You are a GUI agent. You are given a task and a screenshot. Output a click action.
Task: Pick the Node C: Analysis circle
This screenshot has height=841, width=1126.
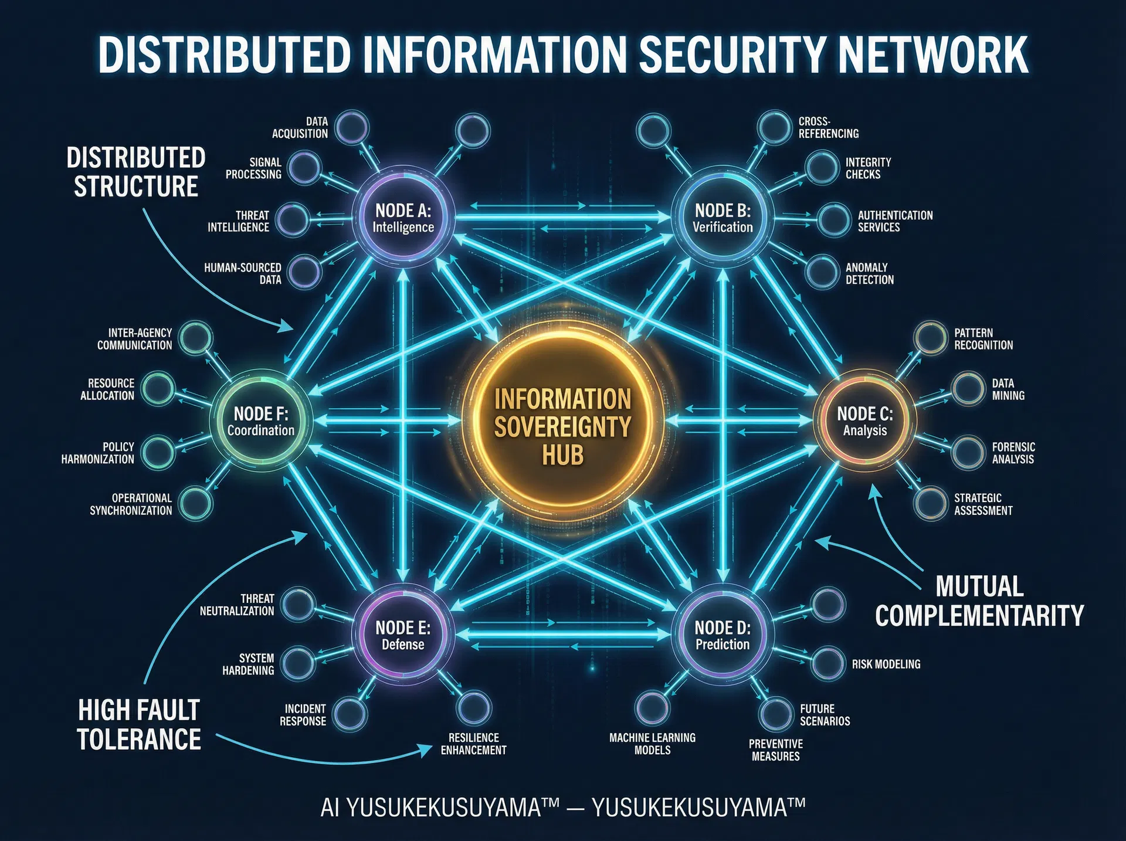[864, 422]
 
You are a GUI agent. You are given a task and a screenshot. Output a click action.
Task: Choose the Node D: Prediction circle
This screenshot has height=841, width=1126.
[723, 636]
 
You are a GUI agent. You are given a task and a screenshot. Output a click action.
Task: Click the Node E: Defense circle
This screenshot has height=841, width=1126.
[403, 636]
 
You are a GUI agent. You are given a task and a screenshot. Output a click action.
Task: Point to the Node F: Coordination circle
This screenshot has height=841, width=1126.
[261, 422]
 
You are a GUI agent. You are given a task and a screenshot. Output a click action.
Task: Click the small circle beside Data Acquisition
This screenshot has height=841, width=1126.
[351, 127]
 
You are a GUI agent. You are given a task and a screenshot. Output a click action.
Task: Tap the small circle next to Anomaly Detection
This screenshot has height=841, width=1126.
[822, 272]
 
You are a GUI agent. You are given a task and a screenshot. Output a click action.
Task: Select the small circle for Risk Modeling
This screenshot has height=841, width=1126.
[827, 663]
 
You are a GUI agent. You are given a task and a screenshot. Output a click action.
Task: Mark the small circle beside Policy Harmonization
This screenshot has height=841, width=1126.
[158, 452]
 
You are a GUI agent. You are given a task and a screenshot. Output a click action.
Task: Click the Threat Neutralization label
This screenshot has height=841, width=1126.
[238, 605]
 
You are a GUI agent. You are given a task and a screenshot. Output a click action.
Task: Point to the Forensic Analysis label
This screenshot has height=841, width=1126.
[1013, 453]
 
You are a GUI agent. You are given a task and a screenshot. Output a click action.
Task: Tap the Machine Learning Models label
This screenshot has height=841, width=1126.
[652, 744]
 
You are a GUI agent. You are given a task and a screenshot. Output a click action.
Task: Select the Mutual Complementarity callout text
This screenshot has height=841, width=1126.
[979, 601]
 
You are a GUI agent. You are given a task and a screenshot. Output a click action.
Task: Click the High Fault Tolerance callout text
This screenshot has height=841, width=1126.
[139, 724]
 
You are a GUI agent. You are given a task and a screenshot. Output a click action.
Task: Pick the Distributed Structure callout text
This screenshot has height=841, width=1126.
[135, 172]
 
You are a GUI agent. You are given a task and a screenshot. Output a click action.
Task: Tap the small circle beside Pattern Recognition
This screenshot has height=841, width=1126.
[930, 338]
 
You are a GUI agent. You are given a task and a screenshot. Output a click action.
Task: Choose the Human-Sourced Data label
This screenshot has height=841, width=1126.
[243, 273]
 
